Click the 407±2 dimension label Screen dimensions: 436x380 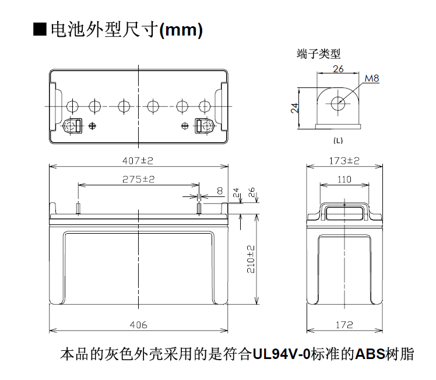coord(138,161)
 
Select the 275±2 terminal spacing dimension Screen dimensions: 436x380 coord(138,180)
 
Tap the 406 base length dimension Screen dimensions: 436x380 coord(138,325)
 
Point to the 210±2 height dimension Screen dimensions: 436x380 coord(251,259)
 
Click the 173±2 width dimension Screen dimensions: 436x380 coord(344,161)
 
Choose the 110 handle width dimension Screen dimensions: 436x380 coord(344,180)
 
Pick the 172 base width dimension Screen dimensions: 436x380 coord(344,325)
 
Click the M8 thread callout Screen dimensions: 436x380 coord(372,79)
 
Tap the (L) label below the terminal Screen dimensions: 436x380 coord(338,140)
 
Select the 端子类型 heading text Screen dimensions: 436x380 coord(319,54)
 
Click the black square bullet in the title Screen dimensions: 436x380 coord(40,30)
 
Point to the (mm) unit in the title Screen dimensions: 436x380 coord(181,30)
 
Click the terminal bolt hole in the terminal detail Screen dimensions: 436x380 coord(338,104)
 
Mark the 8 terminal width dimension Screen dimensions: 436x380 coord(220,191)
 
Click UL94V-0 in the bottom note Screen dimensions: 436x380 coord(281,354)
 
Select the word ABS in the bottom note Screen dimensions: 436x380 coord(370,354)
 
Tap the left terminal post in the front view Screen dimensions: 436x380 coord(78,209)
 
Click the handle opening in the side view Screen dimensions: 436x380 coord(344,213)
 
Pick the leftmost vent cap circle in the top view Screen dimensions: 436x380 coord(73,106)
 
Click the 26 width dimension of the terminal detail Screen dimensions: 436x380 coord(338,69)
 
